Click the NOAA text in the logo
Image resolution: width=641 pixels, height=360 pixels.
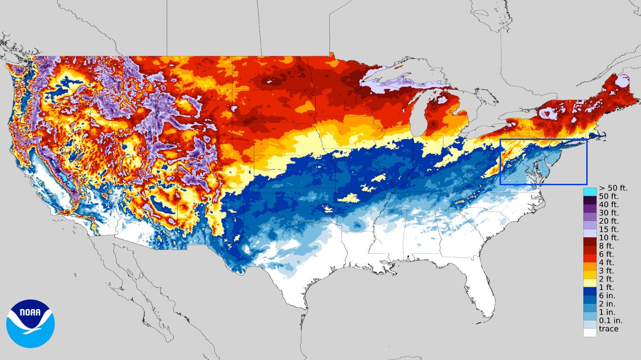tap(30, 313)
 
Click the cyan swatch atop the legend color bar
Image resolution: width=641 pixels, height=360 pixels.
tap(590, 191)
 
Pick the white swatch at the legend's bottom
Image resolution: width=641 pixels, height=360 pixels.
tap(590, 332)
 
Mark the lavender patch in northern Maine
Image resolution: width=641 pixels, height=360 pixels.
tap(622, 82)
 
